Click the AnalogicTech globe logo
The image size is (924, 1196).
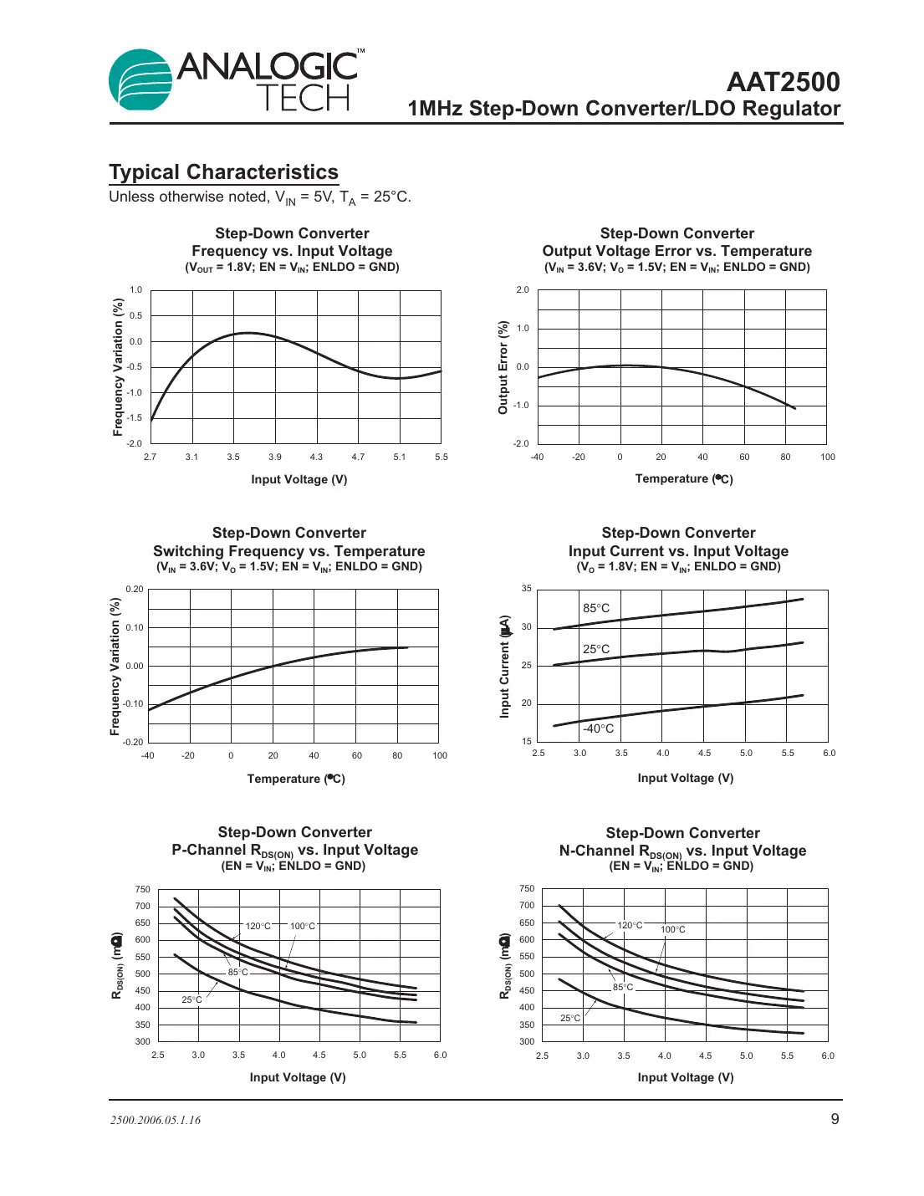pyautogui.click(x=140, y=80)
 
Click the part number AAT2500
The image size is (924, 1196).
pyautogui.click(x=783, y=82)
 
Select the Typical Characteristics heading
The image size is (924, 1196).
pyautogui.click(x=223, y=172)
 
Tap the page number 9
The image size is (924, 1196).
pyautogui.click(x=835, y=1119)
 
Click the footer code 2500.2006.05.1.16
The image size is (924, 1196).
pyautogui.click(x=156, y=1120)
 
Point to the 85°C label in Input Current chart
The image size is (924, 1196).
pyautogui.click(x=596, y=608)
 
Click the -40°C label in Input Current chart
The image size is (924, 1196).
pyautogui.click(x=598, y=728)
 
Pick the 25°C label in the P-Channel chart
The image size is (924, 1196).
pyautogui.click(x=191, y=999)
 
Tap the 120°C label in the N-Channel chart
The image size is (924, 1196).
pyautogui.click(x=630, y=925)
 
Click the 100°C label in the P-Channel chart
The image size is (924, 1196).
pyautogui.click(x=303, y=926)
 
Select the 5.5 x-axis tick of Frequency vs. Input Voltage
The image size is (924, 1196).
pyautogui.click(x=442, y=457)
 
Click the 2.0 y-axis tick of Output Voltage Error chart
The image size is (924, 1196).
pyautogui.click(x=523, y=289)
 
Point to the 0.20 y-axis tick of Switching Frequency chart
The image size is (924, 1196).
pyautogui.click(x=135, y=589)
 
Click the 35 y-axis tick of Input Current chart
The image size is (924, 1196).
pyautogui.click(x=527, y=589)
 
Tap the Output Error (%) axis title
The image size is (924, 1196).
pyautogui.click(x=503, y=367)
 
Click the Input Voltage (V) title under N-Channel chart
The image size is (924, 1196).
pyautogui.click(x=686, y=1077)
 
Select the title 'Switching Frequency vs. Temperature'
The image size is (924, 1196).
pyautogui.click(x=289, y=551)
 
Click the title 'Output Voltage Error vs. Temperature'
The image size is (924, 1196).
pyautogui.click(x=676, y=251)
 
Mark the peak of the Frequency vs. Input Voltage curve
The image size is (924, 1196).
pyautogui.click(x=248, y=333)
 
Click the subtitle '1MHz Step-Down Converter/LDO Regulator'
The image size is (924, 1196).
pyautogui.click(x=624, y=109)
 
